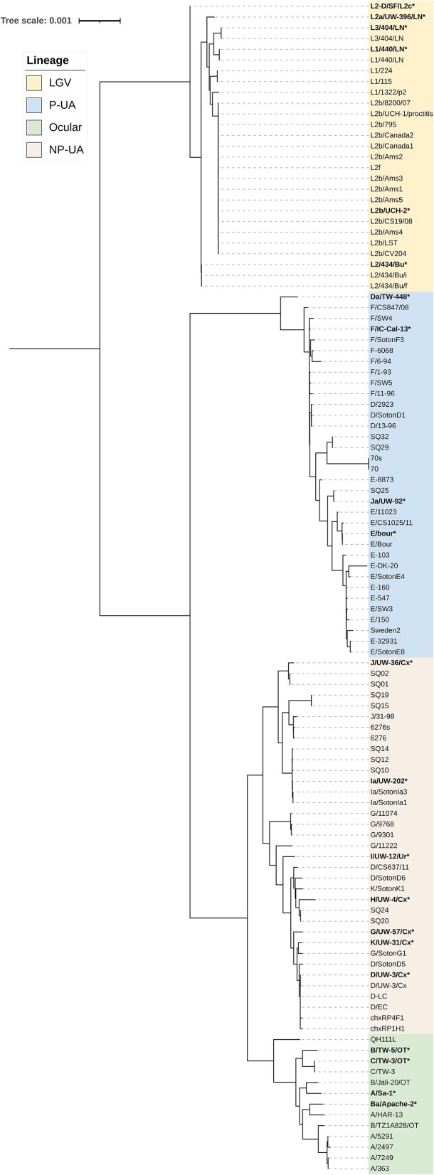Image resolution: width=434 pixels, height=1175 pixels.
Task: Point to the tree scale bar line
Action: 100,21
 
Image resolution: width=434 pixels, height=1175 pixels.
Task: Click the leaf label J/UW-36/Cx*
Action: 394,663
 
